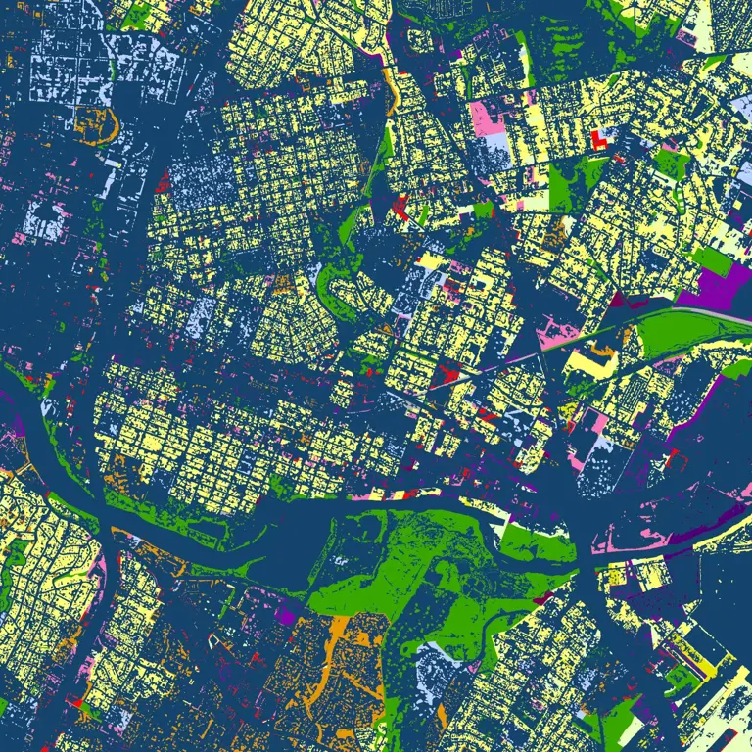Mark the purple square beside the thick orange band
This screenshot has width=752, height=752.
[x=286, y=616]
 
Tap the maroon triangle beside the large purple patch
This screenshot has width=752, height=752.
[x=615, y=300]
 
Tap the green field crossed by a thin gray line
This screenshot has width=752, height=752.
[x=676, y=333]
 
